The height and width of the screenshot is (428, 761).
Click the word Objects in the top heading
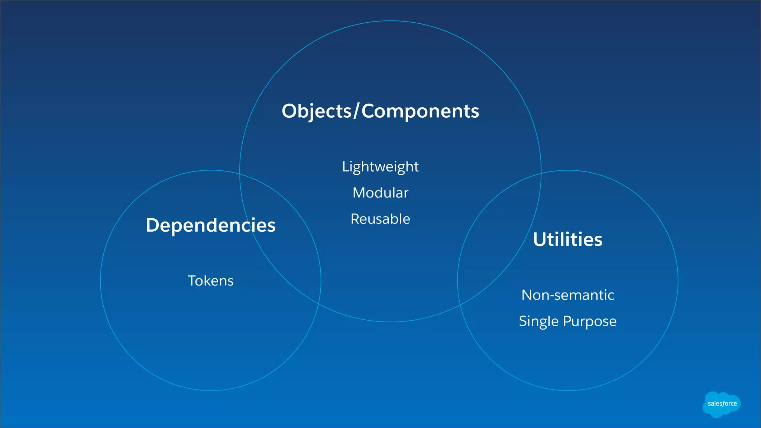tap(316, 111)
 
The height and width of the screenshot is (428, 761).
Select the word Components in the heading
tap(420, 111)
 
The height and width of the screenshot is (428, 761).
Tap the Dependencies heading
tap(211, 225)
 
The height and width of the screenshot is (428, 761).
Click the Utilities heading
tap(567, 239)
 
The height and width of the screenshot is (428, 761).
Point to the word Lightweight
tap(380, 167)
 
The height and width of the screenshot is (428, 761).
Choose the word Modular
tap(380, 193)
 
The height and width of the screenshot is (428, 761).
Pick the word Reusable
tap(380, 219)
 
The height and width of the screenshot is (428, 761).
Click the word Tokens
tap(211, 281)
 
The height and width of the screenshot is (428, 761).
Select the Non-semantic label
tap(567, 295)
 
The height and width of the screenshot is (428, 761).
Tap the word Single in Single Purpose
tap(539, 321)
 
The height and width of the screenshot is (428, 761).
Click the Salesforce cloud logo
tap(722, 404)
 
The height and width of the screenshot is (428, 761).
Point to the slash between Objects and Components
tap(356, 111)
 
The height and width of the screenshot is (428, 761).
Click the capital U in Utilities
tap(540, 239)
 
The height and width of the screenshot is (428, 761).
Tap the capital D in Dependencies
tap(153, 225)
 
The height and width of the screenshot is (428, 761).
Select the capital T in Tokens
tap(192, 281)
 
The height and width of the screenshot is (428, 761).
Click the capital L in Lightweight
tap(345, 166)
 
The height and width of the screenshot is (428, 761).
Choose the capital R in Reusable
tap(355, 219)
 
